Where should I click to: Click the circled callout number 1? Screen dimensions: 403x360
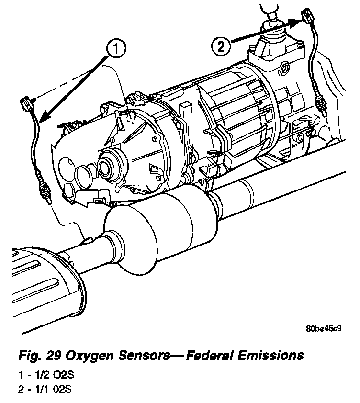click(x=116, y=48)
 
